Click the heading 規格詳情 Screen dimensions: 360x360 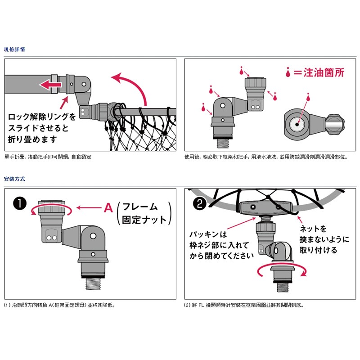point(14,49)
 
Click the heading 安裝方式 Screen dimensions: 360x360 point(14,179)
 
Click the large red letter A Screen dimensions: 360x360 point(108,208)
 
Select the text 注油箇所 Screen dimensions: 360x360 point(323,72)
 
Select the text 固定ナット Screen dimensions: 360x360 point(144,220)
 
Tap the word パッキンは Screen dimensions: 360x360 point(209,234)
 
